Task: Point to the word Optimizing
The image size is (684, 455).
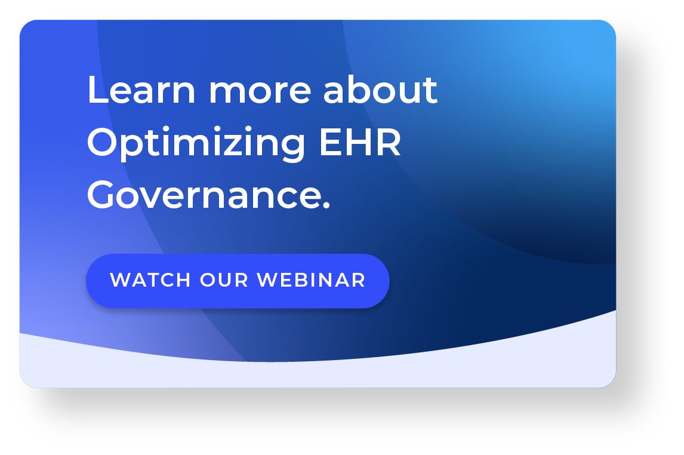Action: [197, 144]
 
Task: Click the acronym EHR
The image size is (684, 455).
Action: [360, 143]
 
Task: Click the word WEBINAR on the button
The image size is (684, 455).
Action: [311, 280]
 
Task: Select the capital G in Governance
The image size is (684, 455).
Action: [104, 195]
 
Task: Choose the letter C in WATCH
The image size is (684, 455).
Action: [168, 280]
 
